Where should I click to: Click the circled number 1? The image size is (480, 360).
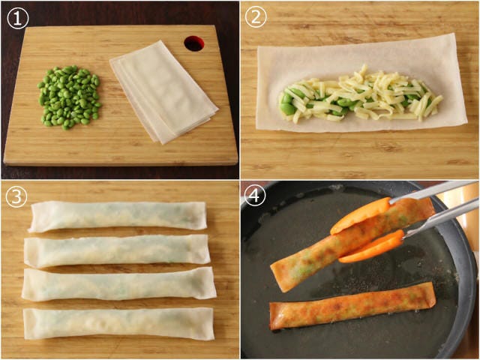pos(18,18)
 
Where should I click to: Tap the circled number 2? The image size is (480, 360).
pos(256,17)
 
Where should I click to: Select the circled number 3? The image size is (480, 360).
pos(16,197)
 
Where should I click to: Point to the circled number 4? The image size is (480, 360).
pos(255,195)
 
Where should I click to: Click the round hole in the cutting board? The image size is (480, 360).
pos(194,43)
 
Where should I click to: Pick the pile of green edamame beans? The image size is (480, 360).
pos(68,97)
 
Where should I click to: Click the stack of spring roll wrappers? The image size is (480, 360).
pos(163,91)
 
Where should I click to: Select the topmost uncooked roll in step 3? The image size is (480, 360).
pos(118,216)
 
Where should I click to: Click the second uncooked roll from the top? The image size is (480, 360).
pos(117,251)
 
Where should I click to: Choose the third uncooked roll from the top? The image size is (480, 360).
pos(118,284)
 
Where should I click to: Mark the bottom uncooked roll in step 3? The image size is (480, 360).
pos(118,324)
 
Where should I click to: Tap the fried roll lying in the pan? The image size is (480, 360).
pos(352,306)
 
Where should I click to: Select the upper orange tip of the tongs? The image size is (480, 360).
pos(361,216)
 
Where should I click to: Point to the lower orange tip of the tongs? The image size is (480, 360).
pos(372,247)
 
